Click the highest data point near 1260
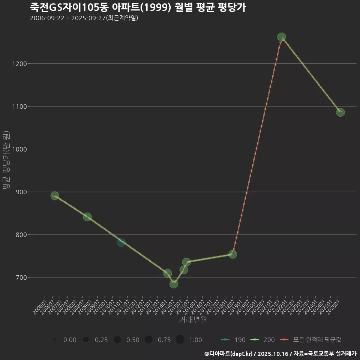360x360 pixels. pos(282,37)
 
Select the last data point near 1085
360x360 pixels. pos(340,112)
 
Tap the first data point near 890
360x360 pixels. pos(55,196)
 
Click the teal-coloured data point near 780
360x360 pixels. pos(121,243)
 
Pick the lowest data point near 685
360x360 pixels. pos(174,284)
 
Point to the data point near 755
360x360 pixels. pos(233,254)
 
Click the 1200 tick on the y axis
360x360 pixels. pos(19,64)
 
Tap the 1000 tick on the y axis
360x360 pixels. pos(19,149)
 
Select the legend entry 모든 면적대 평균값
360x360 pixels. pos(317,340)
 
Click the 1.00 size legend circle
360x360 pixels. pos(180,340)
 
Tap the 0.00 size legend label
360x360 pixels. pos(70,340)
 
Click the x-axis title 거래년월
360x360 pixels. pos(193,319)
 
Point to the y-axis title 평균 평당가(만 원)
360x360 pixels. pos(6,160)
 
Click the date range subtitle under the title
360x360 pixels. pos(84,18)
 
